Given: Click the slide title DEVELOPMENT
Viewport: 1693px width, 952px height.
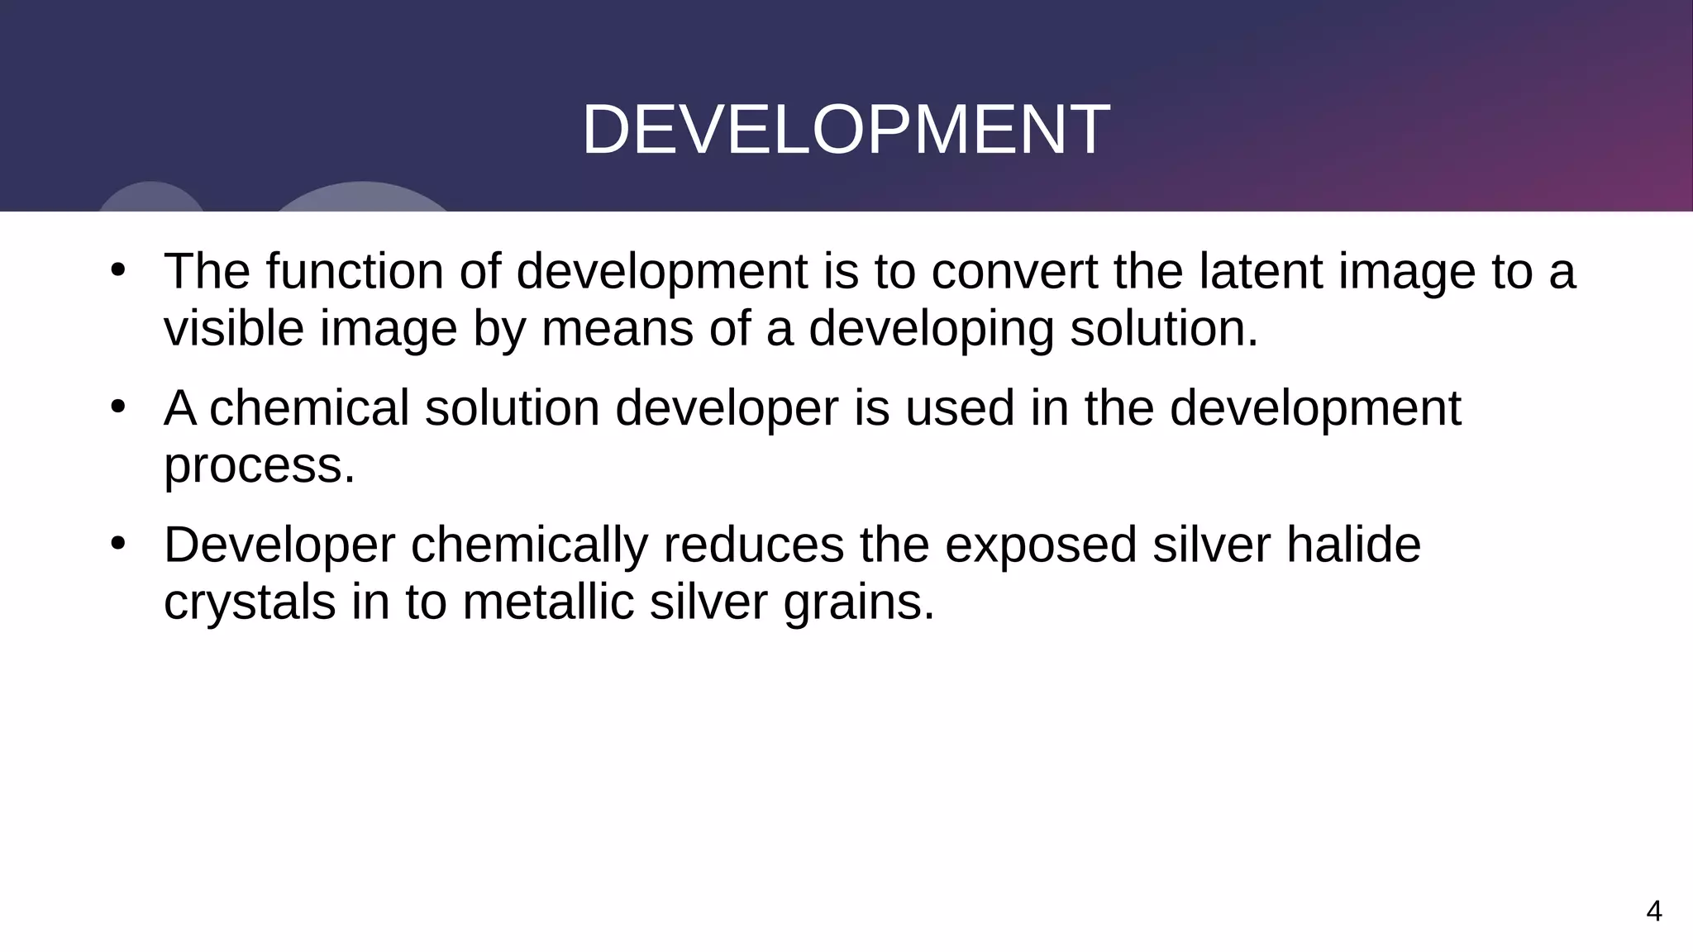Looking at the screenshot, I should [846, 130].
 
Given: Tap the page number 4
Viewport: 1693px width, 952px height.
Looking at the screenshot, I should [1653, 911].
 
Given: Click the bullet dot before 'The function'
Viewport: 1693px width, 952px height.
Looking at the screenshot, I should [117, 269].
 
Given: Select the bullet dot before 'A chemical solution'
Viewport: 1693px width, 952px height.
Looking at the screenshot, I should [117, 407].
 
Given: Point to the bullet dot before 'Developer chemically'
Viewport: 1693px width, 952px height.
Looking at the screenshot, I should [117, 544].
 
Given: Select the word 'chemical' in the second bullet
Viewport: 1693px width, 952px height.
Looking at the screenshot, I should [309, 408].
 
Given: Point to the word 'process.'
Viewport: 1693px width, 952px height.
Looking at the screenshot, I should [260, 466].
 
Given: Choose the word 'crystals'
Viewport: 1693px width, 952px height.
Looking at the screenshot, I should [250, 602].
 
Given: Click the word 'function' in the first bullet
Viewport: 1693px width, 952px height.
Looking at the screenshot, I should [355, 271].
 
